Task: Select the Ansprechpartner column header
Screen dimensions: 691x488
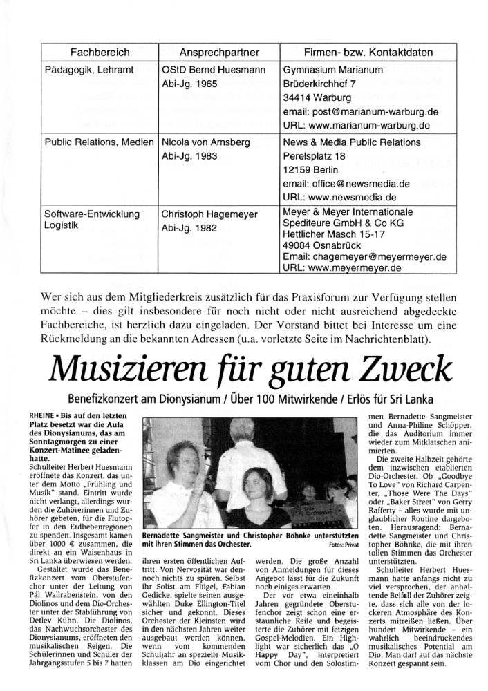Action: [x=218, y=53]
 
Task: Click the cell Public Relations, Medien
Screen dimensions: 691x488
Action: [x=98, y=142]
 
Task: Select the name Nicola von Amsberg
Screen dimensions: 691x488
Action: [x=205, y=142]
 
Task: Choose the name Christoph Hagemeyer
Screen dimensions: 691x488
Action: [x=209, y=214]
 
